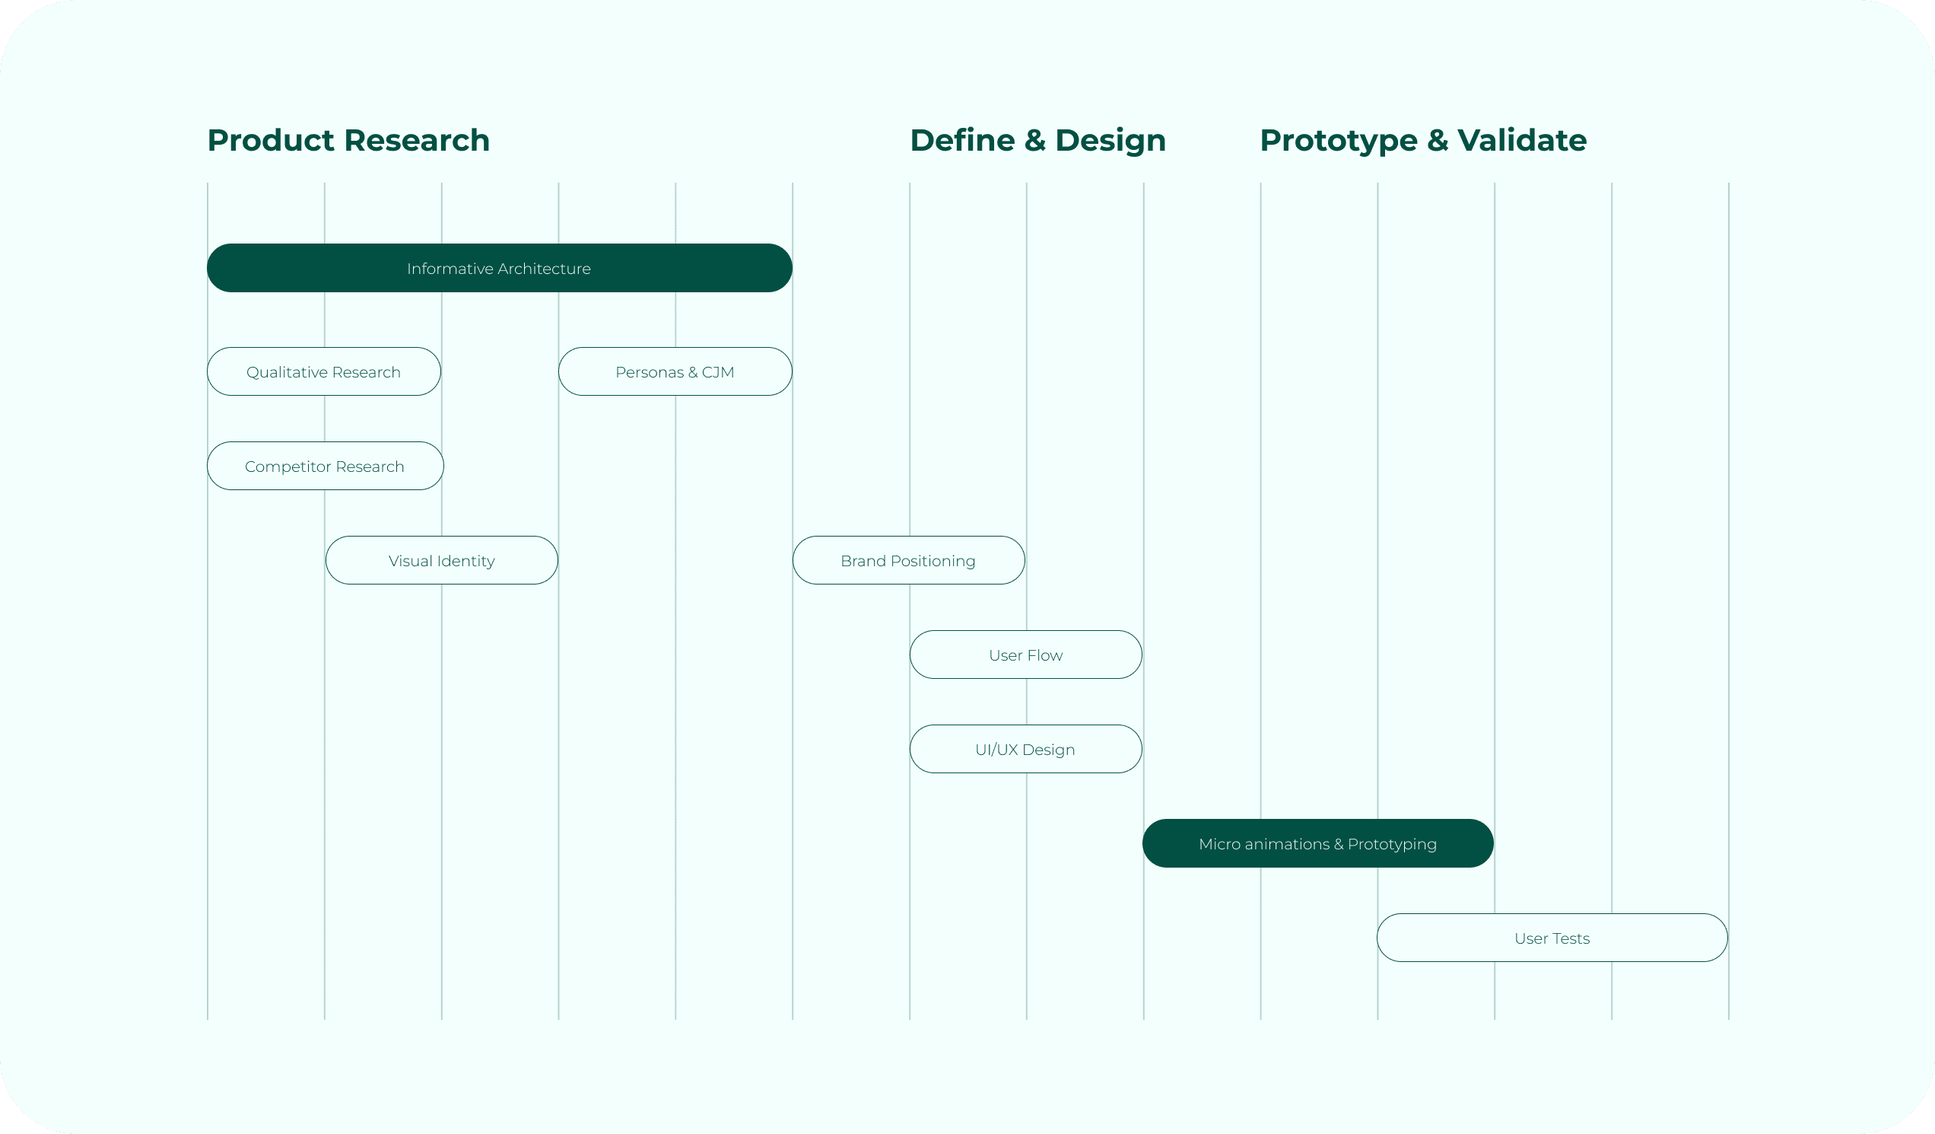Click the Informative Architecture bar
(x=499, y=268)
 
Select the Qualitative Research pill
(x=323, y=372)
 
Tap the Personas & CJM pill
(x=674, y=372)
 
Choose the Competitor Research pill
(x=324, y=467)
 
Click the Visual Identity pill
(x=441, y=561)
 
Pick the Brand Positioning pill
(x=907, y=561)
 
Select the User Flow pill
(x=1025, y=655)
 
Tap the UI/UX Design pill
(x=1025, y=750)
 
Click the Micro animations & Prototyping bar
(x=1317, y=843)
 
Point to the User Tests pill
(x=1552, y=938)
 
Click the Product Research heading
(x=348, y=141)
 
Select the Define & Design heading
(x=1037, y=141)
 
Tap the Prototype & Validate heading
(x=1423, y=141)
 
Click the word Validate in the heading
(x=1522, y=141)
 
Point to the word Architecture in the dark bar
(x=544, y=268)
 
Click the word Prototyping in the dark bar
(x=1392, y=844)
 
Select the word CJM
(x=718, y=372)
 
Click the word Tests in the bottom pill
(x=1571, y=938)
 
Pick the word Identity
(x=466, y=561)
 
